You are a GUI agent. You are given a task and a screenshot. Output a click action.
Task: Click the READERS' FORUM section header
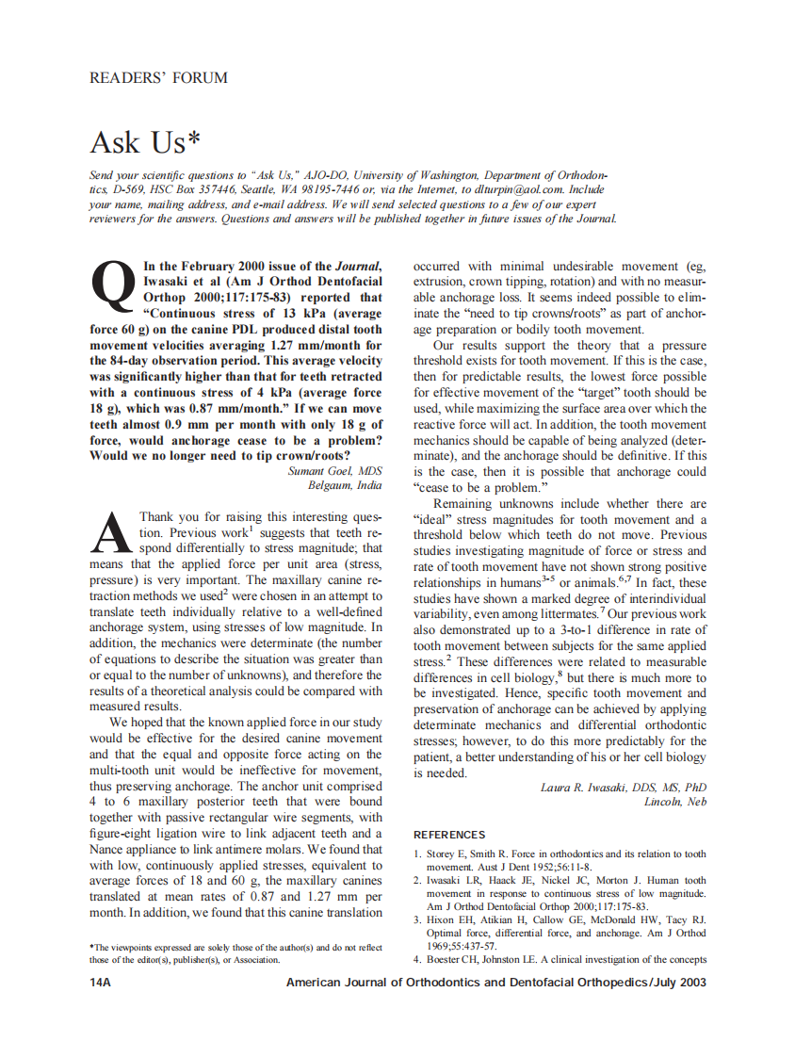click(x=158, y=77)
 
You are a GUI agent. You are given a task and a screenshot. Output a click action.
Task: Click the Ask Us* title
click(x=145, y=142)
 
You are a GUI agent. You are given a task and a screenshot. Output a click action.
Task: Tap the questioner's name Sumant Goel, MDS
click(x=334, y=470)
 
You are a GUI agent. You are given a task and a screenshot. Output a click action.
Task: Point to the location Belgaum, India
click(x=345, y=485)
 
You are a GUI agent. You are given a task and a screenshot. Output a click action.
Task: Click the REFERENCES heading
click(x=449, y=835)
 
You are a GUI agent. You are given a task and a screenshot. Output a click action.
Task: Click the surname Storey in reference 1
click(x=442, y=854)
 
